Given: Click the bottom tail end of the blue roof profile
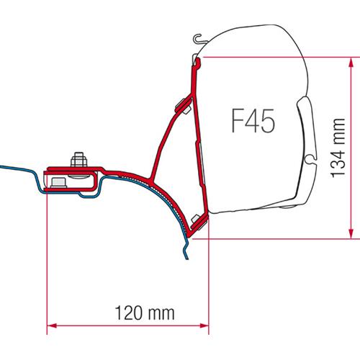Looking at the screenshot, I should point(186,256).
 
